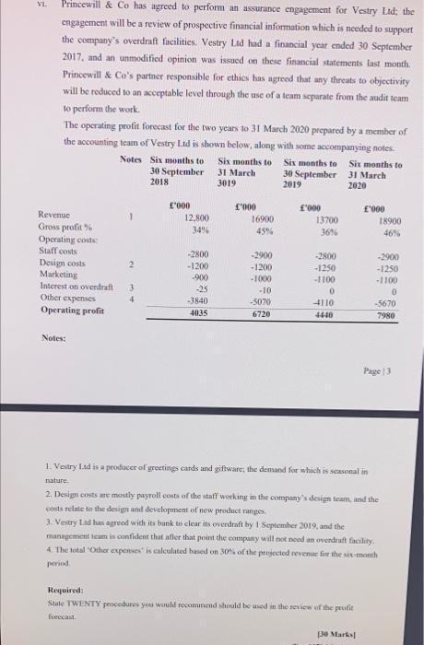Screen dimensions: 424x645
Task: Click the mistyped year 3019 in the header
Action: pos(235,181)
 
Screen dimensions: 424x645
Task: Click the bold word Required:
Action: pos(66,588)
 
